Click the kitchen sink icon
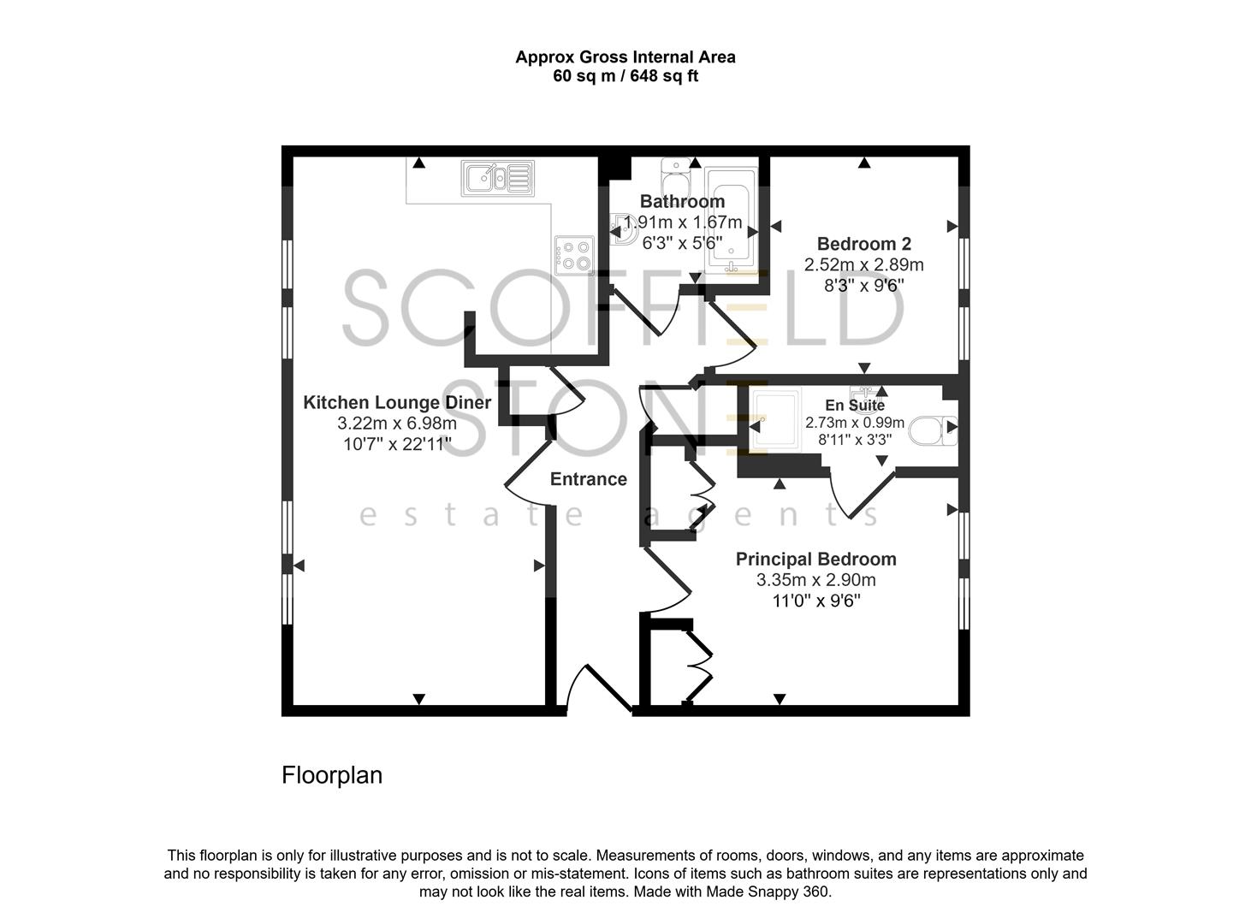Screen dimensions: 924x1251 pos(497,178)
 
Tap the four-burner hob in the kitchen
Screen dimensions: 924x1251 pos(573,254)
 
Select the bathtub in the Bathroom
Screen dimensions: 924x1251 pos(730,221)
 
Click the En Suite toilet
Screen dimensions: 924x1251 pos(931,430)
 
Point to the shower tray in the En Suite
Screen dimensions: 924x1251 pos(775,421)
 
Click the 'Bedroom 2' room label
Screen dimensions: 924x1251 pos(863,244)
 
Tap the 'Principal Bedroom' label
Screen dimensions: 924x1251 pos(815,560)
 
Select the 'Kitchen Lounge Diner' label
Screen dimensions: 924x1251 pos(397,403)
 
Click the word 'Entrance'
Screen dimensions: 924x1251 pos(588,479)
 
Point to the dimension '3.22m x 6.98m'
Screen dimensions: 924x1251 pos(397,423)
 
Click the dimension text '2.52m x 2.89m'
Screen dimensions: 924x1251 pos(863,264)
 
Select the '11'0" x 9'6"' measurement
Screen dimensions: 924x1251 pos(815,601)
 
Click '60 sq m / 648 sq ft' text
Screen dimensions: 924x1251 pos(625,76)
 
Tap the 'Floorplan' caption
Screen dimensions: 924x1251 pos(332,775)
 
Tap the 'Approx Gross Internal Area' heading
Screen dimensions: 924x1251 pos(625,57)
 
